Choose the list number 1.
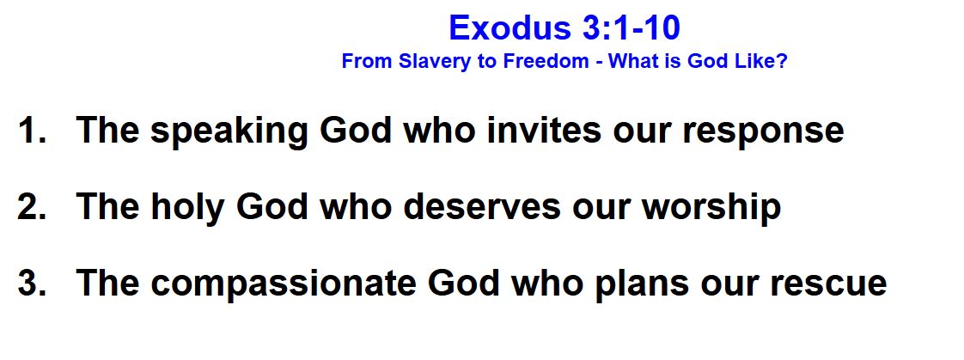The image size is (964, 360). coord(31,130)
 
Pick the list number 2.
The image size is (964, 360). coord(31,206)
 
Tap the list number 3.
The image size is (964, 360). coord(31,284)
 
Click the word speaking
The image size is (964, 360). coord(229,132)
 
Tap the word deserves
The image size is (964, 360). coord(482,206)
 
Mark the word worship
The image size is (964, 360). coord(711,209)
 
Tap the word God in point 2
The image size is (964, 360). coord(272,206)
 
